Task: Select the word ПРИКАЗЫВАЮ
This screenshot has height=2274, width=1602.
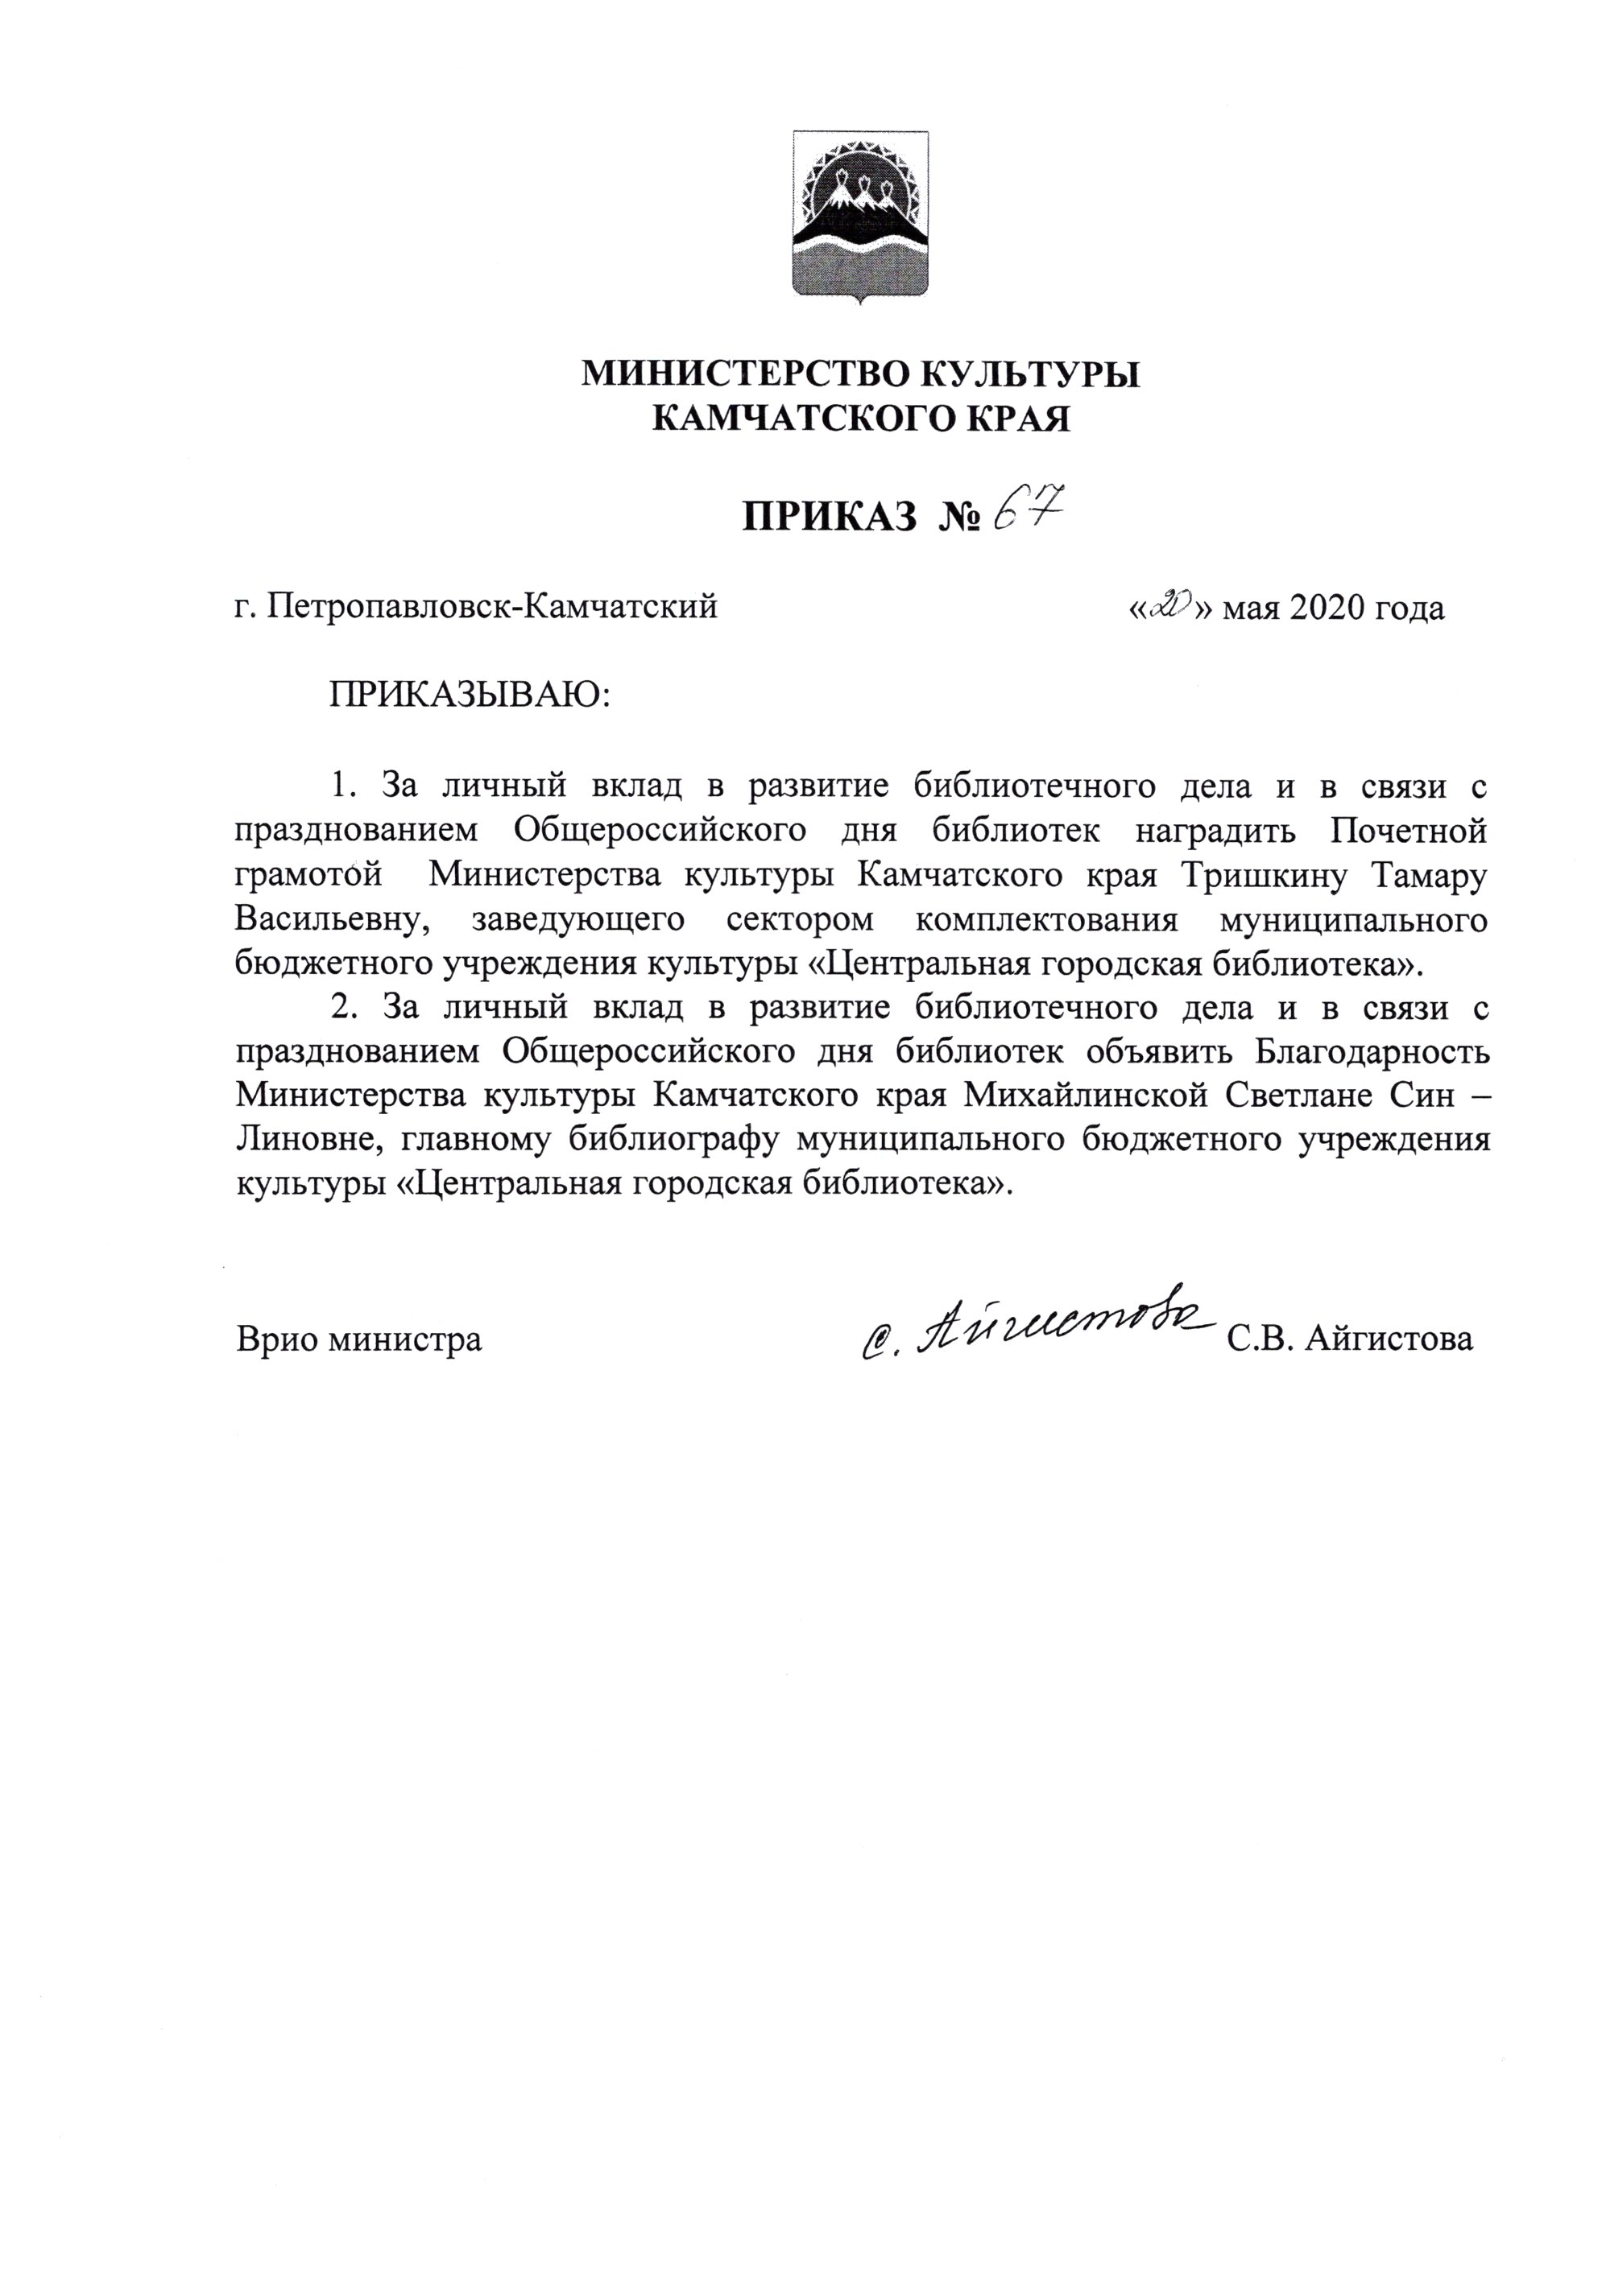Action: (x=470, y=695)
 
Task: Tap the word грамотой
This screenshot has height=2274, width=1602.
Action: (x=308, y=876)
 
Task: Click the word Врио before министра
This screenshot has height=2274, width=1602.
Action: (x=279, y=1340)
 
